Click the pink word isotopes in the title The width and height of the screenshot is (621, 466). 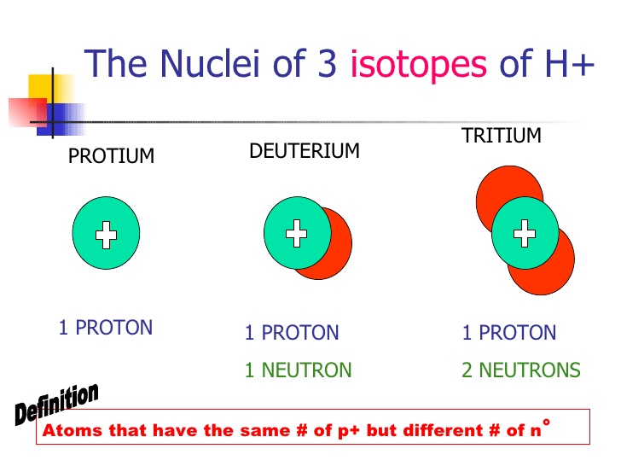click(419, 65)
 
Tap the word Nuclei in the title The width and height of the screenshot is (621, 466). click(210, 62)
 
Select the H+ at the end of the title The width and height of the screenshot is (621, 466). click(570, 63)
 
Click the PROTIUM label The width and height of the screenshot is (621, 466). click(111, 155)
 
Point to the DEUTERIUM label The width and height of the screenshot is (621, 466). click(305, 151)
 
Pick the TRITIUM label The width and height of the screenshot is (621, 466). click(501, 136)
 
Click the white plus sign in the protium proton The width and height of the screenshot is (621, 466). click(106, 235)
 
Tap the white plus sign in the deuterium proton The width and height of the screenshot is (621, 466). click(296, 234)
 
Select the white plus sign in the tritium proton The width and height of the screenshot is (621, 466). click(525, 233)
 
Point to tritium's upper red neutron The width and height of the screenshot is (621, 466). click(504, 189)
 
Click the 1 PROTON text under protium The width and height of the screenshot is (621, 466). click(106, 328)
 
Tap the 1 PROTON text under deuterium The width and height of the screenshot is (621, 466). click(292, 333)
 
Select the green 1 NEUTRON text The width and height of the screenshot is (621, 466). click(299, 370)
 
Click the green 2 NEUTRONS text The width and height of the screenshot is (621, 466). click(521, 370)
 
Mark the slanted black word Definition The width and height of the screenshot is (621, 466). click(56, 404)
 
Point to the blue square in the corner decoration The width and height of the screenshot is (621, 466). click(60, 119)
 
